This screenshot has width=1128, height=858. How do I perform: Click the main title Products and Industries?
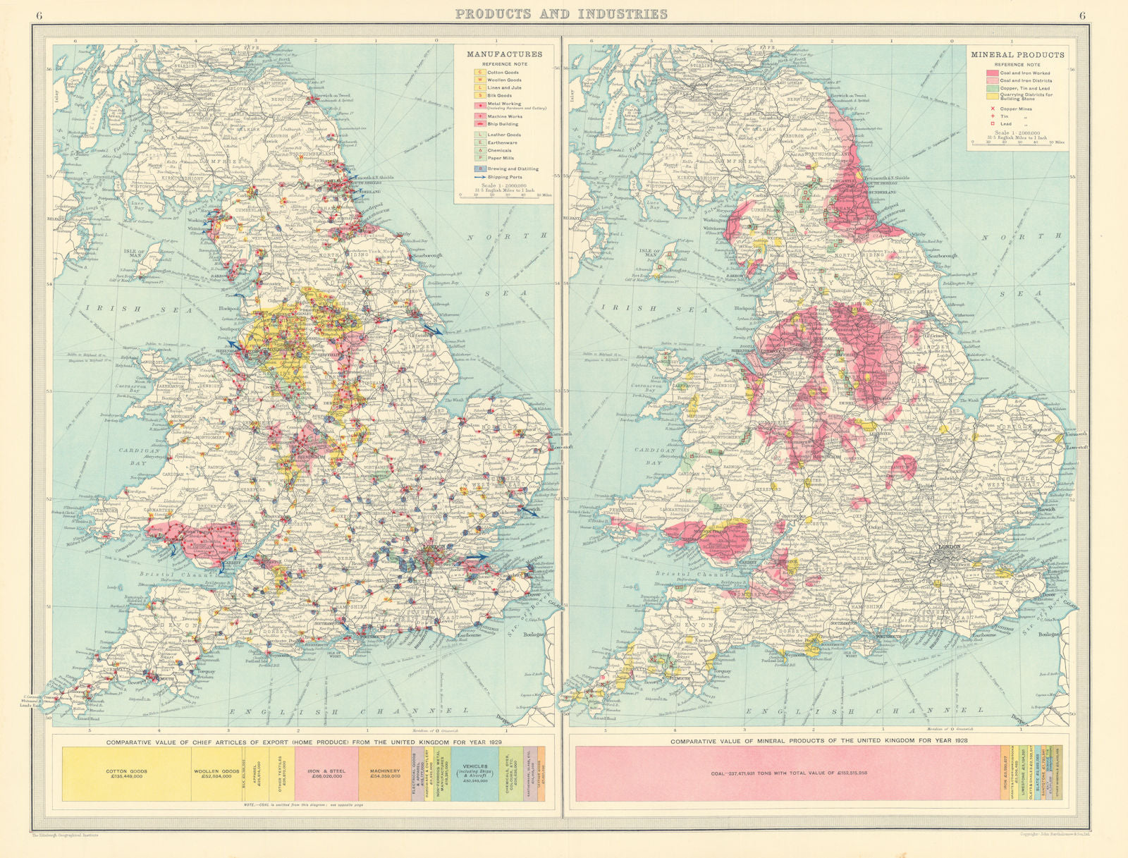coord(561,13)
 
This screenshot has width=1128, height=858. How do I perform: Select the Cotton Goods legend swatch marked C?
coord(479,72)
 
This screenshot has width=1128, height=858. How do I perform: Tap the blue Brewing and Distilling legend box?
coord(479,168)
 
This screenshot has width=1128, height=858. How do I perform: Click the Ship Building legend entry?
coord(502,124)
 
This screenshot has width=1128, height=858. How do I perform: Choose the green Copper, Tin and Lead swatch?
coord(991,88)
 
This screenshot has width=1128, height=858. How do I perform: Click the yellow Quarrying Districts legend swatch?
coord(991,96)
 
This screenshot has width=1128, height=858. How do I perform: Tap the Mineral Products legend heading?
coord(1017,54)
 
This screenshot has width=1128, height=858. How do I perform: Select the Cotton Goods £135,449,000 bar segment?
coord(127,773)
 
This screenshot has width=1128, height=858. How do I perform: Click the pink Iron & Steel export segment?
coord(326,773)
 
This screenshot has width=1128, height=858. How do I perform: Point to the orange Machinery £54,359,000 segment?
coord(385,773)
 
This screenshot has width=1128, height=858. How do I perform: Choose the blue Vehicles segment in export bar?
coord(475,773)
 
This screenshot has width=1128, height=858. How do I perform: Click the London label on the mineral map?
coord(949,546)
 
